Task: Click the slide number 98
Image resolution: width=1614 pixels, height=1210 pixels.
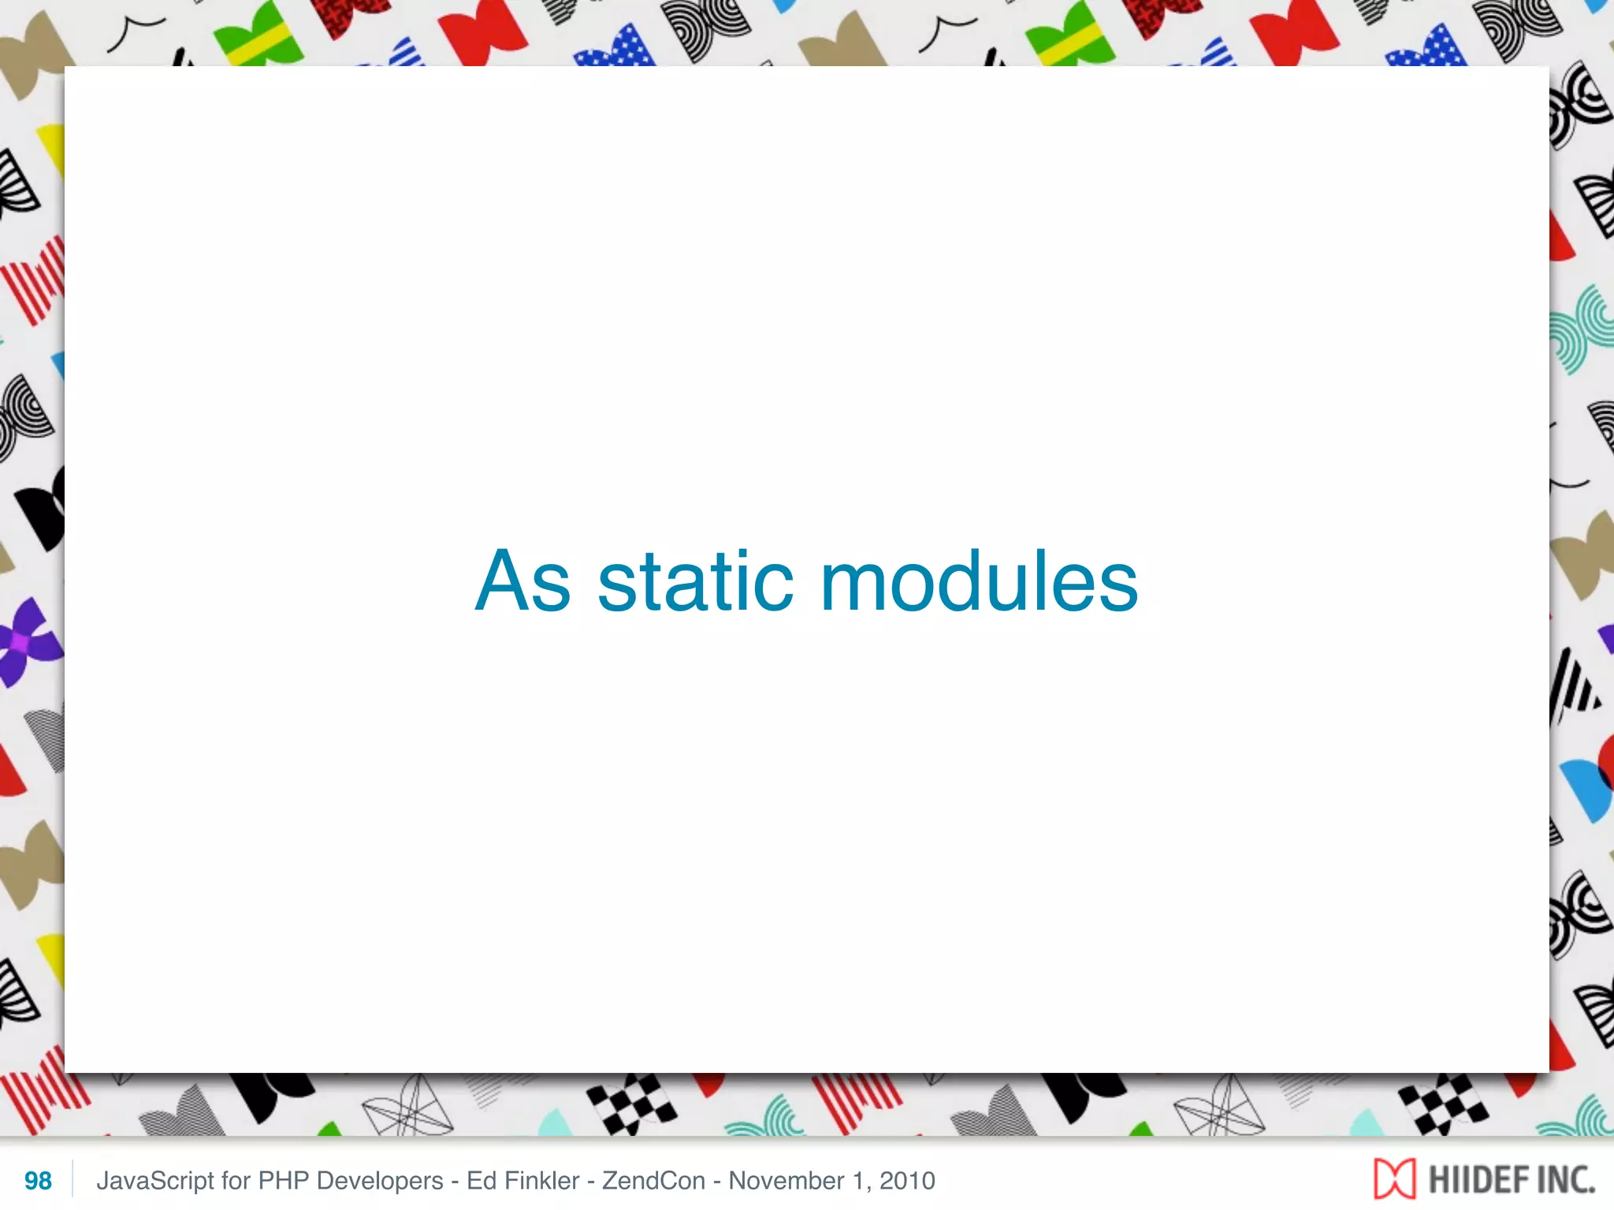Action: (x=38, y=1181)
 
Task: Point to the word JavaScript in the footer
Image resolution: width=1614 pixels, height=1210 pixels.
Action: (x=155, y=1181)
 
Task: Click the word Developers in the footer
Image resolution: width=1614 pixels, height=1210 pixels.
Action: (x=380, y=1181)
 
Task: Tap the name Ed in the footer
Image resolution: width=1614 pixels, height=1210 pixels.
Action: (x=480, y=1181)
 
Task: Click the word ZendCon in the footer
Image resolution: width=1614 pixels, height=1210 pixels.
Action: (x=653, y=1181)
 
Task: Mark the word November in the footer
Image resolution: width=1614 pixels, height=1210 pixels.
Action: (x=786, y=1181)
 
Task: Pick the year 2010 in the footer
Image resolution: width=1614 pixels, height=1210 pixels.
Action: (x=907, y=1181)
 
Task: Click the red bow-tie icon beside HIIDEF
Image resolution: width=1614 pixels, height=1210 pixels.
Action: (x=1394, y=1179)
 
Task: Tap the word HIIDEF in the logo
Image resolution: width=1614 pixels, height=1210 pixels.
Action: (x=1467, y=1180)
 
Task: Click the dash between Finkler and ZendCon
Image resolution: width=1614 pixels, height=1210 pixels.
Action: (x=591, y=1181)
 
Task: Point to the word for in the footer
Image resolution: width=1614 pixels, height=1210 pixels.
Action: (x=236, y=1181)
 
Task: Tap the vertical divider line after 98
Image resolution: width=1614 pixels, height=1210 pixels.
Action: (x=73, y=1179)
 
